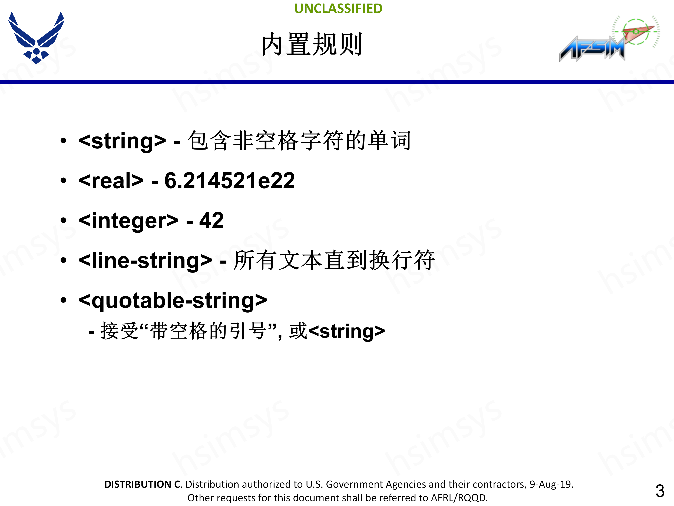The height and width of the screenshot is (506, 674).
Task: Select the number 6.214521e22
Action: [229, 181]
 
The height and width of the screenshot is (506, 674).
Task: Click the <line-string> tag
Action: [145, 261]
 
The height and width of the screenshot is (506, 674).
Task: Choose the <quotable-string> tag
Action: [173, 300]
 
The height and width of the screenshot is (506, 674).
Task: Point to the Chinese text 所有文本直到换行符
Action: [334, 260]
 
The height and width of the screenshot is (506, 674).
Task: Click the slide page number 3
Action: [660, 491]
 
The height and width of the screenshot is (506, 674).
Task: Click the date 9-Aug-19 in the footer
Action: [551, 484]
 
